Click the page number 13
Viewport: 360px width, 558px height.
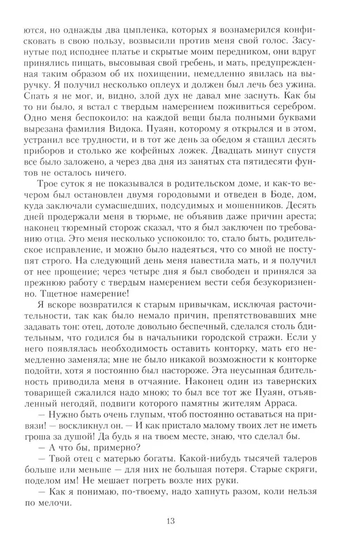point(171,522)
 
